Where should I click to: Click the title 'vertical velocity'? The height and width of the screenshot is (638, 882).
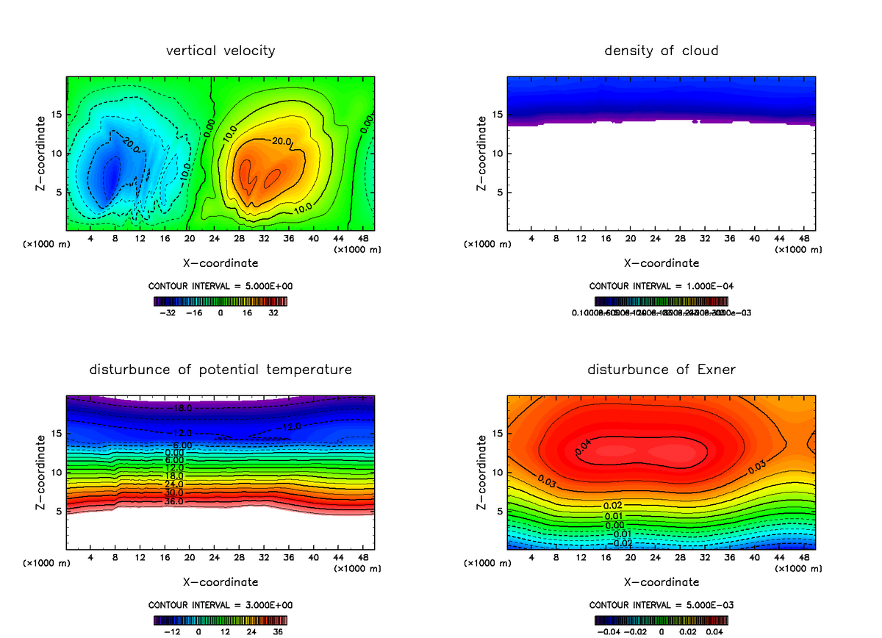tap(220, 51)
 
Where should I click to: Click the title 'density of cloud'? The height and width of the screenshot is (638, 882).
tap(661, 51)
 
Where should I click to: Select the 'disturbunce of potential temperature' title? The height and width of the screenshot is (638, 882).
tap(220, 369)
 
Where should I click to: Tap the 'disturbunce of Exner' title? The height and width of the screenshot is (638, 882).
tap(661, 369)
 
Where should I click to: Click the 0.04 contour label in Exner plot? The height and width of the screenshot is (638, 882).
tap(583, 448)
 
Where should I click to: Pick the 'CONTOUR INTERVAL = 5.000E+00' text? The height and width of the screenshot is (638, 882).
tap(220, 286)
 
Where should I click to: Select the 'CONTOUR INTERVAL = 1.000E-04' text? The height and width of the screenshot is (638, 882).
tap(661, 286)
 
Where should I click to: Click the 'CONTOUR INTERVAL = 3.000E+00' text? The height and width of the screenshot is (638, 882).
tap(220, 605)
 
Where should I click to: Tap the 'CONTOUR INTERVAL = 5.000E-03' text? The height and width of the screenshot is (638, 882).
tap(661, 605)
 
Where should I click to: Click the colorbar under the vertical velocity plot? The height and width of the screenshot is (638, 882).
tap(220, 301)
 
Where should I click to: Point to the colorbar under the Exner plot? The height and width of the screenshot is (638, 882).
tap(661, 620)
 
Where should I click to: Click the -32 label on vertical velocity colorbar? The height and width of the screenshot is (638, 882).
tap(171, 313)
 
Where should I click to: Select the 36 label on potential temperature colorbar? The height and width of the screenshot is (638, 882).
tap(277, 631)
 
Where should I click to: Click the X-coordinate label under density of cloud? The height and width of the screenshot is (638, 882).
tap(661, 262)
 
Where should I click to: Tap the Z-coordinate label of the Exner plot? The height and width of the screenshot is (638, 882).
tap(482, 473)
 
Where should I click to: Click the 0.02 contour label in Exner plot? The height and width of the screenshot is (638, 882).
tap(613, 506)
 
